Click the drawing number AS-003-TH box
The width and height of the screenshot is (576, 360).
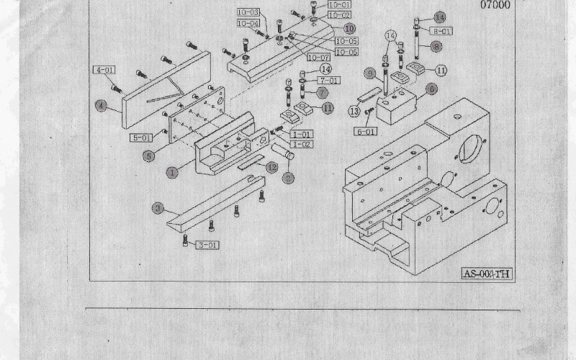[x=487, y=274]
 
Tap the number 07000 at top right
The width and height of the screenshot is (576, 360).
[x=495, y=4]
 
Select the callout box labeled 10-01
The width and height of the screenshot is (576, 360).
[x=339, y=5]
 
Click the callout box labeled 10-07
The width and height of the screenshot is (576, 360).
[x=318, y=57]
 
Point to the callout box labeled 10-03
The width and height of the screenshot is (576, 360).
[x=248, y=13]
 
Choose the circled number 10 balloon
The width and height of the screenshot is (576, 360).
[x=349, y=29]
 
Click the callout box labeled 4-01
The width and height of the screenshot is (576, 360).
[x=104, y=70]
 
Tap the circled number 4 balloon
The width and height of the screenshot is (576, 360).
[x=102, y=105]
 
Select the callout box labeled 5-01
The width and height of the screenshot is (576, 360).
[x=141, y=137]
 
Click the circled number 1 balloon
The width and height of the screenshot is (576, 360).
[x=172, y=173]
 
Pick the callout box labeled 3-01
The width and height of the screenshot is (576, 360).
[x=207, y=246]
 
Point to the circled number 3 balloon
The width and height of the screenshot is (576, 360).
[x=158, y=209]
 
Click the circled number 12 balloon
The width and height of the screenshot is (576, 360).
[x=271, y=167]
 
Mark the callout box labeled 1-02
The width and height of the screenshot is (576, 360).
[x=302, y=145]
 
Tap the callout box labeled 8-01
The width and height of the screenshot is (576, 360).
[x=441, y=32]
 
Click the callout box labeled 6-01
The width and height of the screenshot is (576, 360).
[x=366, y=132]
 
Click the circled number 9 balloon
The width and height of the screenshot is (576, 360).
[x=369, y=73]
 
